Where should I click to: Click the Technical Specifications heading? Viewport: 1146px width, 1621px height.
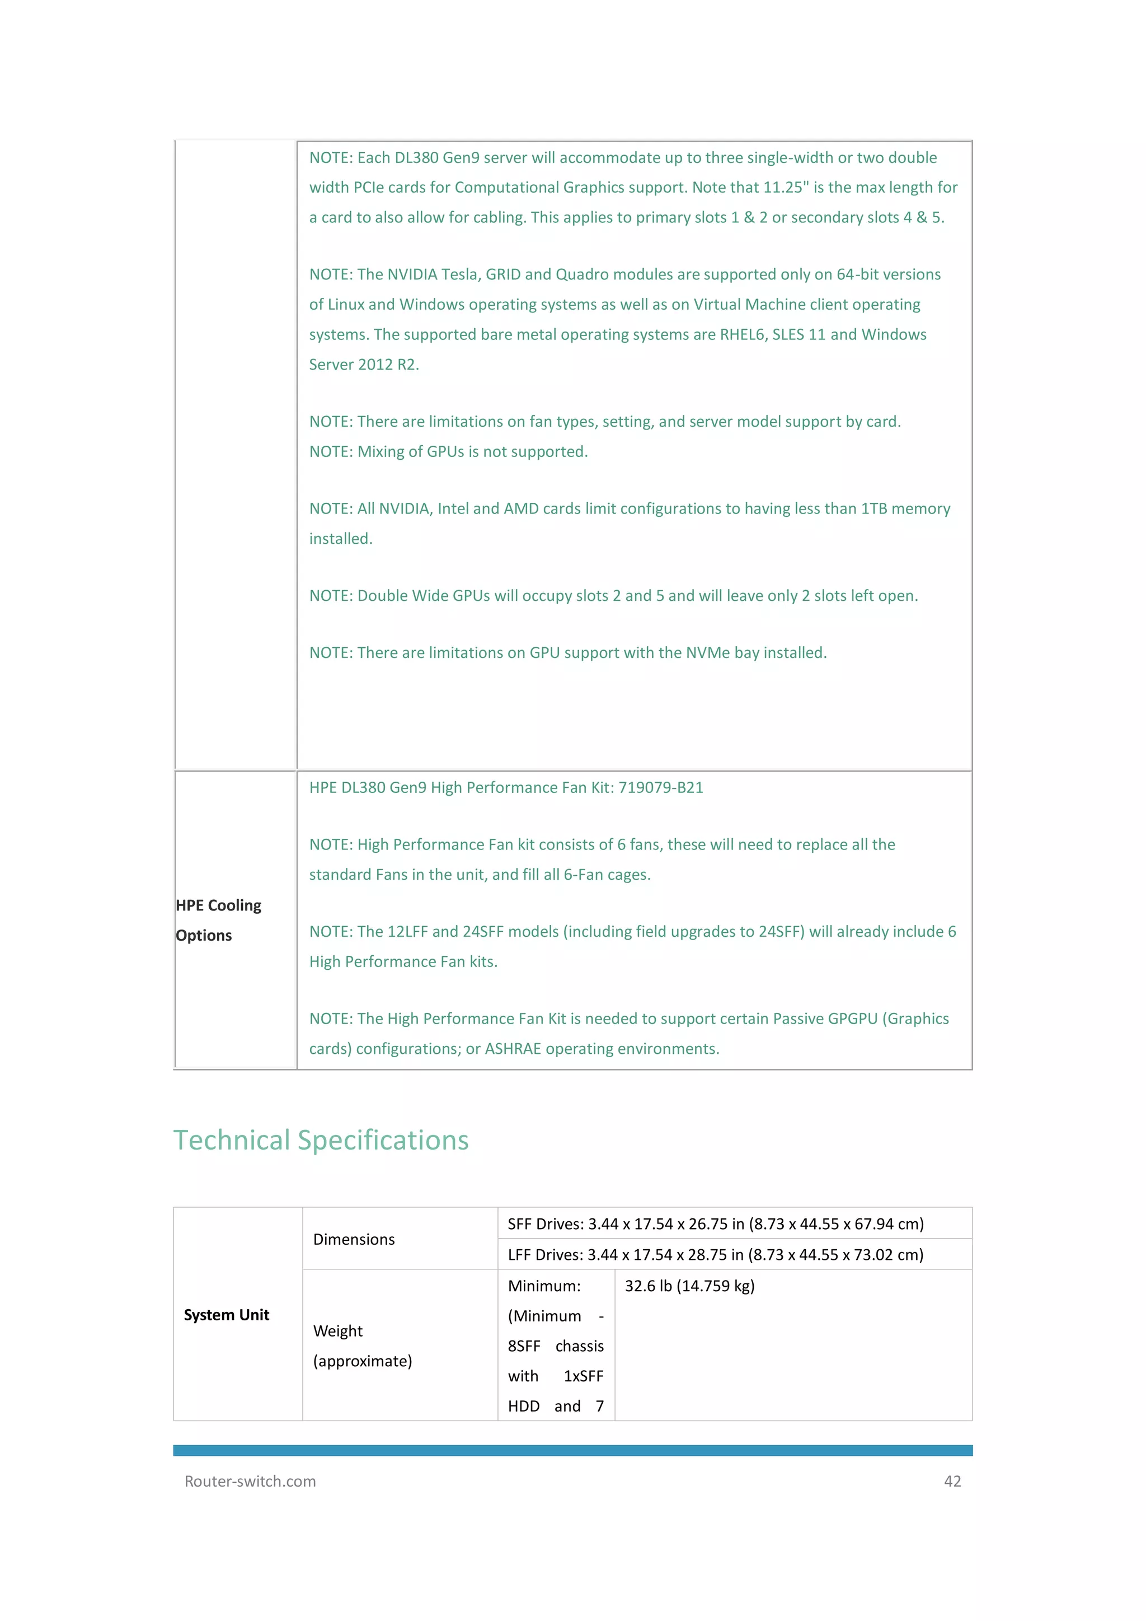click(x=321, y=1140)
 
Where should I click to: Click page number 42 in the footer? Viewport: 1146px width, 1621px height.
click(x=952, y=1481)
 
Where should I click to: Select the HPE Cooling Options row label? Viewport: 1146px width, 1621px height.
click(x=218, y=920)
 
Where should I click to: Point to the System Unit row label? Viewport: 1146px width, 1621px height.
click(x=227, y=1315)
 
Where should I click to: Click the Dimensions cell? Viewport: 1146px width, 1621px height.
click(x=354, y=1239)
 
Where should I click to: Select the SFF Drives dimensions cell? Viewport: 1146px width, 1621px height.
click(x=716, y=1223)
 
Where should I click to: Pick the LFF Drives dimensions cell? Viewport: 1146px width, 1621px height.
click(x=716, y=1255)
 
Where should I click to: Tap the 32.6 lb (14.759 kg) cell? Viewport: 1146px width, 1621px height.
click(x=689, y=1286)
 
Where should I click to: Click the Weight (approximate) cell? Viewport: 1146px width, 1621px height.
click(x=362, y=1346)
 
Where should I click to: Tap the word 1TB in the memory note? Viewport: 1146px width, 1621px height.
click(x=873, y=509)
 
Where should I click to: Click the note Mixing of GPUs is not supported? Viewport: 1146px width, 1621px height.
click(x=448, y=452)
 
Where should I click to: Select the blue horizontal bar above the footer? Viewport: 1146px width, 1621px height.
click(x=572, y=1450)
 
